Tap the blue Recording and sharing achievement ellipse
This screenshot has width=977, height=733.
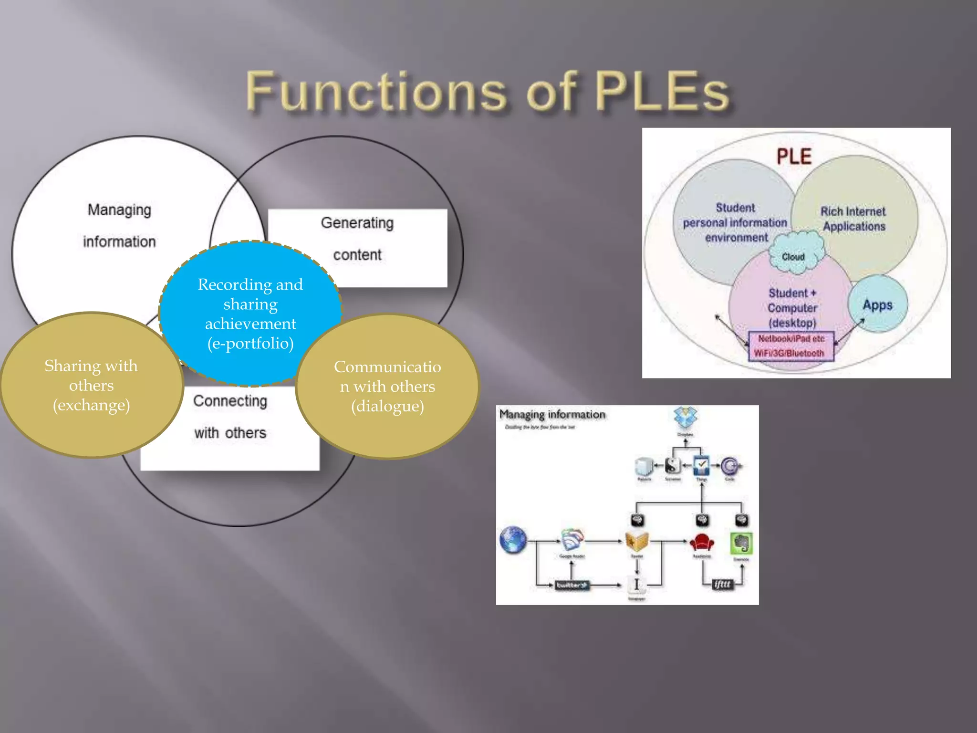coord(250,313)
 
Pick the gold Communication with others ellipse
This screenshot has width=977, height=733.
coord(387,386)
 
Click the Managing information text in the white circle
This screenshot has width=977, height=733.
coord(119,225)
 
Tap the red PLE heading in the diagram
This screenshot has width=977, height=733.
coord(794,157)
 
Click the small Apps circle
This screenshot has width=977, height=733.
coord(877,304)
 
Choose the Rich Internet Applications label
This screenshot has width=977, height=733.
coord(853,219)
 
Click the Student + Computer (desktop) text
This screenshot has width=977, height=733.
coord(792,308)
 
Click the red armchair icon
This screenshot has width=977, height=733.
coord(702,542)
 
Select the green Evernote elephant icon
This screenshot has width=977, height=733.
coord(741,543)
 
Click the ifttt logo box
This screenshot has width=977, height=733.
coord(722,584)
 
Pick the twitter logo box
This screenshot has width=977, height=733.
coord(572,585)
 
